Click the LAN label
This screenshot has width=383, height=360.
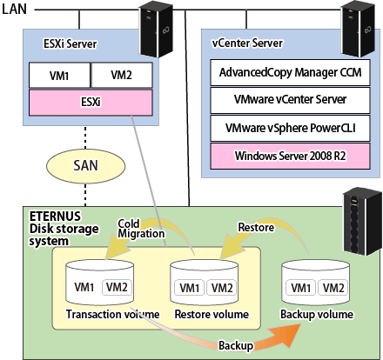click(14, 9)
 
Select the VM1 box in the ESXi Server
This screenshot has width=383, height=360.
click(59, 76)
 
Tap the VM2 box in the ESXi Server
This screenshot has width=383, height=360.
click(122, 75)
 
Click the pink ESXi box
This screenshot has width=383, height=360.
click(91, 103)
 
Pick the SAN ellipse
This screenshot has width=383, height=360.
click(85, 166)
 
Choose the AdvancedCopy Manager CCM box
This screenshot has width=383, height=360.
click(290, 72)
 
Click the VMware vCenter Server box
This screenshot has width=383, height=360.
click(290, 100)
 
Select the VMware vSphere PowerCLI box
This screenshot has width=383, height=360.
click(290, 128)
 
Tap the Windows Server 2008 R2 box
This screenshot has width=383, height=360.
click(290, 156)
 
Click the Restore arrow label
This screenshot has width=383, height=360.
click(256, 227)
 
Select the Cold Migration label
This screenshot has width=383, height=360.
click(141, 229)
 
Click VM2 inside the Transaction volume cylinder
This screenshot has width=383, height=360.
click(117, 287)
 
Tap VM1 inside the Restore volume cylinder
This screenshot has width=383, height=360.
click(190, 288)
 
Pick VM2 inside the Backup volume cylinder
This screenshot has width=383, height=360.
click(333, 288)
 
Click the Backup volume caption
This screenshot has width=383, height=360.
click(317, 315)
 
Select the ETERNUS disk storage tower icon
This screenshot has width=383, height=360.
click(362, 222)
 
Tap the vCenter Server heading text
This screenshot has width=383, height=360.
click(247, 43)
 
